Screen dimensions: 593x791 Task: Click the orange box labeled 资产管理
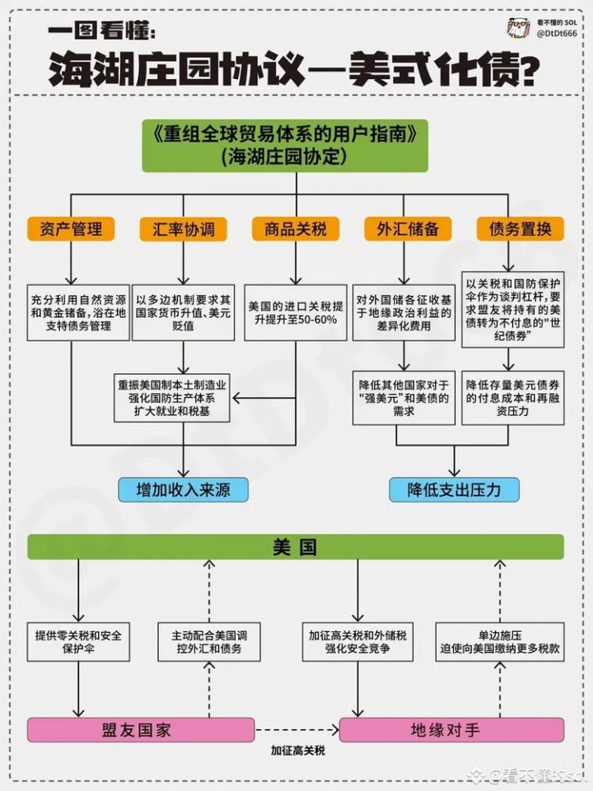point(71,229)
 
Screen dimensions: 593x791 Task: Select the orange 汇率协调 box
point(183,229)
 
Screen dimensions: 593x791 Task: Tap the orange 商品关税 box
point(296,229)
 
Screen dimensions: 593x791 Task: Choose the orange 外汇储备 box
point(408,229)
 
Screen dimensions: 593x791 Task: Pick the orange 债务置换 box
point(520,229)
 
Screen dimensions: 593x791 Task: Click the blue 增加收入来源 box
point(183,489)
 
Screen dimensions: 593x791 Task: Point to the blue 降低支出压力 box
point(454,489)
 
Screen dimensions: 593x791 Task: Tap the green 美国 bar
point(296,547)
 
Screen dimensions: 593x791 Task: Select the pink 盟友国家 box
point(141,730)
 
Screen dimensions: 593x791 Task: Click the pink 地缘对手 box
point(451,730)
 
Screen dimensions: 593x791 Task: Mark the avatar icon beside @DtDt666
point(519,28)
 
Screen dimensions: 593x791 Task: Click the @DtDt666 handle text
point(557,33)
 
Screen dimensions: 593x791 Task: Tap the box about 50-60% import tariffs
point(296,313)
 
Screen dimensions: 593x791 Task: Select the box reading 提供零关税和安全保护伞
point(78,642)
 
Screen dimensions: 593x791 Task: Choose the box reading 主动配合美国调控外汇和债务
point(209,642)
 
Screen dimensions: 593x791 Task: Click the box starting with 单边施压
point(500,642)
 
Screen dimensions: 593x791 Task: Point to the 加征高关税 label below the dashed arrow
point(297,751)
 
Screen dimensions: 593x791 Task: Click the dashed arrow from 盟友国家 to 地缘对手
point(297,729)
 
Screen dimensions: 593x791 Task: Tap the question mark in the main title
point(526,71)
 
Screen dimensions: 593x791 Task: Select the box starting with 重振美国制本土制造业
point(172,398)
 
